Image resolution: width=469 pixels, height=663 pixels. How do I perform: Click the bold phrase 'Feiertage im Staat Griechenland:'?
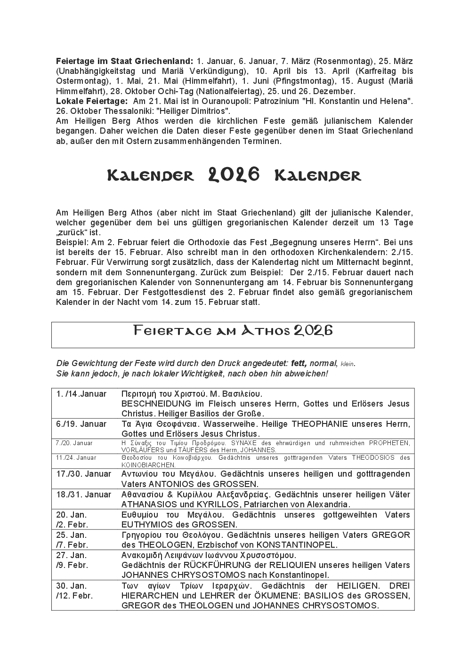click(124, 61)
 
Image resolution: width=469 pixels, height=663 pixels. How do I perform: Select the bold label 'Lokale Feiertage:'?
click(91, 101)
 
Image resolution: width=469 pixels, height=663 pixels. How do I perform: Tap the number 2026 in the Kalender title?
click(234, 175)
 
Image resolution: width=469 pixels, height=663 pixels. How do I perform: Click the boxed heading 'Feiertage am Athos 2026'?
click(233, 330)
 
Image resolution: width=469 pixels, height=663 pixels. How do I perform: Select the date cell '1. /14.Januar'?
click(81, 394)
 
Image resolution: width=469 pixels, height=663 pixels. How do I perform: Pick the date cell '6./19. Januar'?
click(81, 424)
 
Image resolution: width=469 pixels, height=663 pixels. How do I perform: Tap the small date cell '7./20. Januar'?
click(74, 443)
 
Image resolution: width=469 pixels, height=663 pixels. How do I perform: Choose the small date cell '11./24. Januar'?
click(76, 457)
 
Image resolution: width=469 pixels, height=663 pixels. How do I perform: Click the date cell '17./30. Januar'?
click(83, 474)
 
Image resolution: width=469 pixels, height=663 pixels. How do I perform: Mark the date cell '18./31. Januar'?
click(83, 495)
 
